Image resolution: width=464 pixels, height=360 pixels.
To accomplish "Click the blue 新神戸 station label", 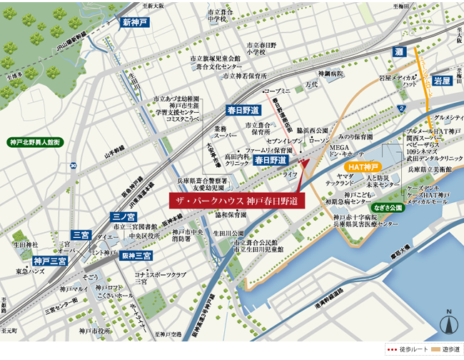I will tap(134, 22).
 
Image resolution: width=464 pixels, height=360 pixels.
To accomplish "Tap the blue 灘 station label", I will tap(400, 52).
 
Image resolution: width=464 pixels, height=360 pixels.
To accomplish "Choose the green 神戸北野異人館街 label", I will tap(34, 142).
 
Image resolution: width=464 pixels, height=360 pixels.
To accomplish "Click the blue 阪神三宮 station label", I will tap(136, 256).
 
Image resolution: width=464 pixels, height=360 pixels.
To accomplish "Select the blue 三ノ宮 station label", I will tap(123, 216).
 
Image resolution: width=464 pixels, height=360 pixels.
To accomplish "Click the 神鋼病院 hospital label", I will tap(331, 73).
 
